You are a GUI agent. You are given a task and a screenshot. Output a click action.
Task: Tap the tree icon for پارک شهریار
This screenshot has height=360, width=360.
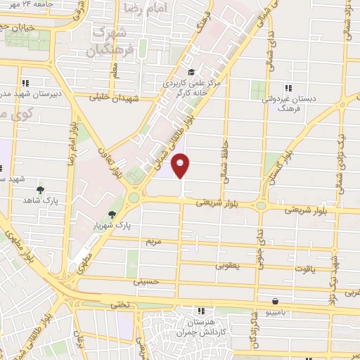[x=112, y=215]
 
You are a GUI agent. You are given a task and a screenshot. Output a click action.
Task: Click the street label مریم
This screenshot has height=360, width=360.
[x=153, y=241]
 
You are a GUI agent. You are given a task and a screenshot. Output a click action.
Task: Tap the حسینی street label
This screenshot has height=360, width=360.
[x=143, y=281]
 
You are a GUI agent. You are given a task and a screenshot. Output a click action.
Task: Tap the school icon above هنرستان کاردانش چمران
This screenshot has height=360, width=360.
[x=200, y=311]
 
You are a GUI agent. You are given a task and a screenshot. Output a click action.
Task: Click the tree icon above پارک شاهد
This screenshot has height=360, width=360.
[x=41, y=189]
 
